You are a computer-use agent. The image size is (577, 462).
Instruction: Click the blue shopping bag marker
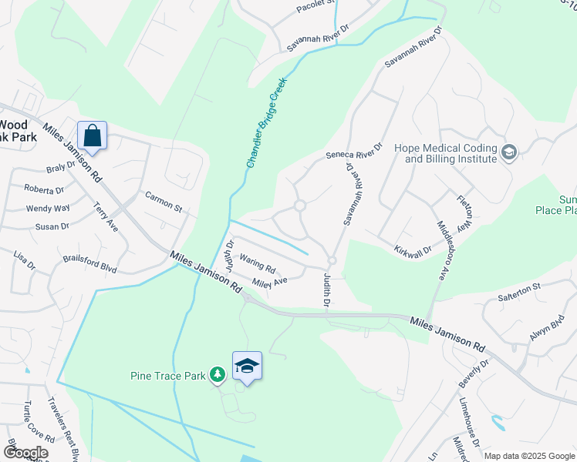93,136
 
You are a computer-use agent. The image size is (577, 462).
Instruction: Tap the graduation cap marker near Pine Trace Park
248,366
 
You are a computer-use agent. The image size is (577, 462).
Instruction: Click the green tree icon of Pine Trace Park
218,375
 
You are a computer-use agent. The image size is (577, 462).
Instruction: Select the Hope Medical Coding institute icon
508,152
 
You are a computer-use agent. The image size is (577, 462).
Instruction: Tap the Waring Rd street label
258,264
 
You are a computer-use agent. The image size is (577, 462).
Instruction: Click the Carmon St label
163,203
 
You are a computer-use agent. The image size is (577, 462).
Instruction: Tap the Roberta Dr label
44,189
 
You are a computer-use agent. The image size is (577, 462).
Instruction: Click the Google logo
25,453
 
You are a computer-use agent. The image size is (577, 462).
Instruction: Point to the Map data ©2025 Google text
528,456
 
